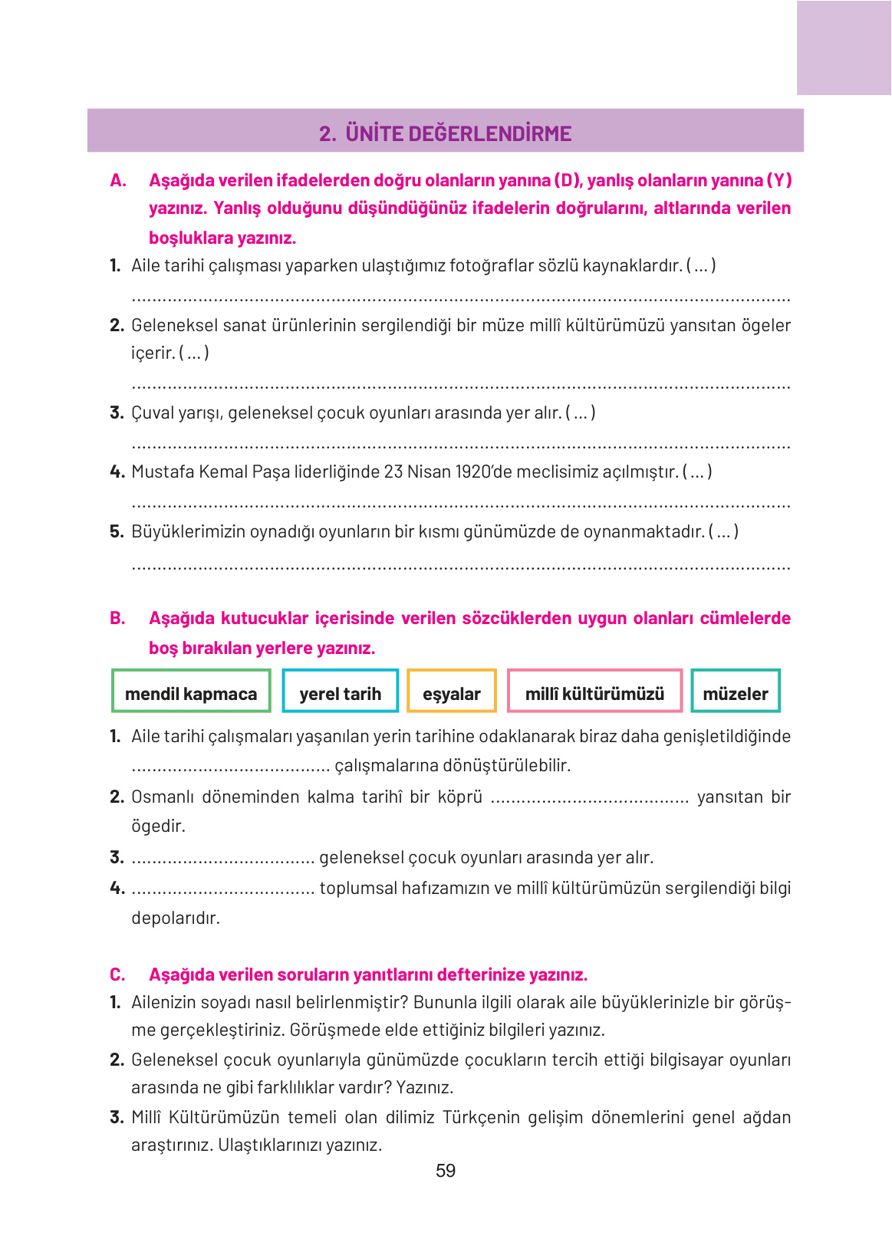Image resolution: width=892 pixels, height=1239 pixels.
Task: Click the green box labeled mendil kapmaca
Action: (x=191, y=692)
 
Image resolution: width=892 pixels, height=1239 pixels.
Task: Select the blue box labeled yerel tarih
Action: (x=340, y=692)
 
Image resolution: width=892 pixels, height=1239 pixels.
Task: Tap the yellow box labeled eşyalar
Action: (x=451, y=692)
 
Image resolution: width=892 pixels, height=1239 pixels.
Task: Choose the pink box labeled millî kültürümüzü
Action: (x=594, y=692)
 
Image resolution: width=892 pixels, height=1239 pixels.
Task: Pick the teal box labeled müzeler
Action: (x=735, y=692)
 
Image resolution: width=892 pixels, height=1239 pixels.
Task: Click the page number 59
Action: (x=446, y=1171)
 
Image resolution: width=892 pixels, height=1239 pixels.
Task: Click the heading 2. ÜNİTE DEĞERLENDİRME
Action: (x=446, y=133)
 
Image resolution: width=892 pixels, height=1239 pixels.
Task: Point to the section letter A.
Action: (x=117, y=181)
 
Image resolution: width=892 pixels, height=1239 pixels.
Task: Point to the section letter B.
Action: (x=117, y=619)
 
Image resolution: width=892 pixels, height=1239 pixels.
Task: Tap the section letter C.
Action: (x=117, y=975)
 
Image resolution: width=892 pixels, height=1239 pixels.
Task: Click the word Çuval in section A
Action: (x=153, y=413)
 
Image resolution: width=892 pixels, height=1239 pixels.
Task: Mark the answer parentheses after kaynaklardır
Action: (x=701, y=266)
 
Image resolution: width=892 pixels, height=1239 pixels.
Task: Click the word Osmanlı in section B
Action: (x=162, y=797)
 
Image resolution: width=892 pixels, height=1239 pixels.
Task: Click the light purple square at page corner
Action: (x=844, y=48)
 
